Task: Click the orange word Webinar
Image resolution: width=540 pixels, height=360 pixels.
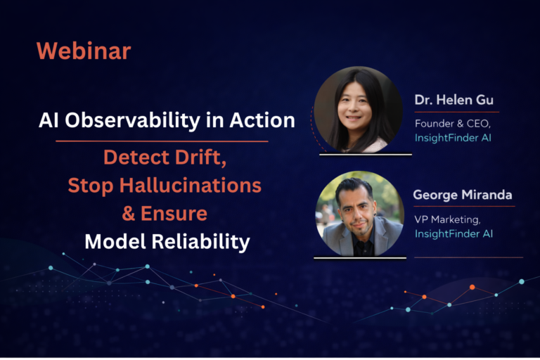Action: [x=83, y=51]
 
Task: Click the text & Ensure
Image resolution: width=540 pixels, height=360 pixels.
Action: [x=167, y=214]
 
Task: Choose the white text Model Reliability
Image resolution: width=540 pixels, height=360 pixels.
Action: [x=167, y=242]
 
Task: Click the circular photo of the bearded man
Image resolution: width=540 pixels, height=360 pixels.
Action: [x=360, y=213]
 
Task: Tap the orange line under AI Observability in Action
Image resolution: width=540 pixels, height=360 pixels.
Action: [x=162, y=141]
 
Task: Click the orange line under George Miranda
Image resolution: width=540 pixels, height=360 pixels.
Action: [x=464, y=207]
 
